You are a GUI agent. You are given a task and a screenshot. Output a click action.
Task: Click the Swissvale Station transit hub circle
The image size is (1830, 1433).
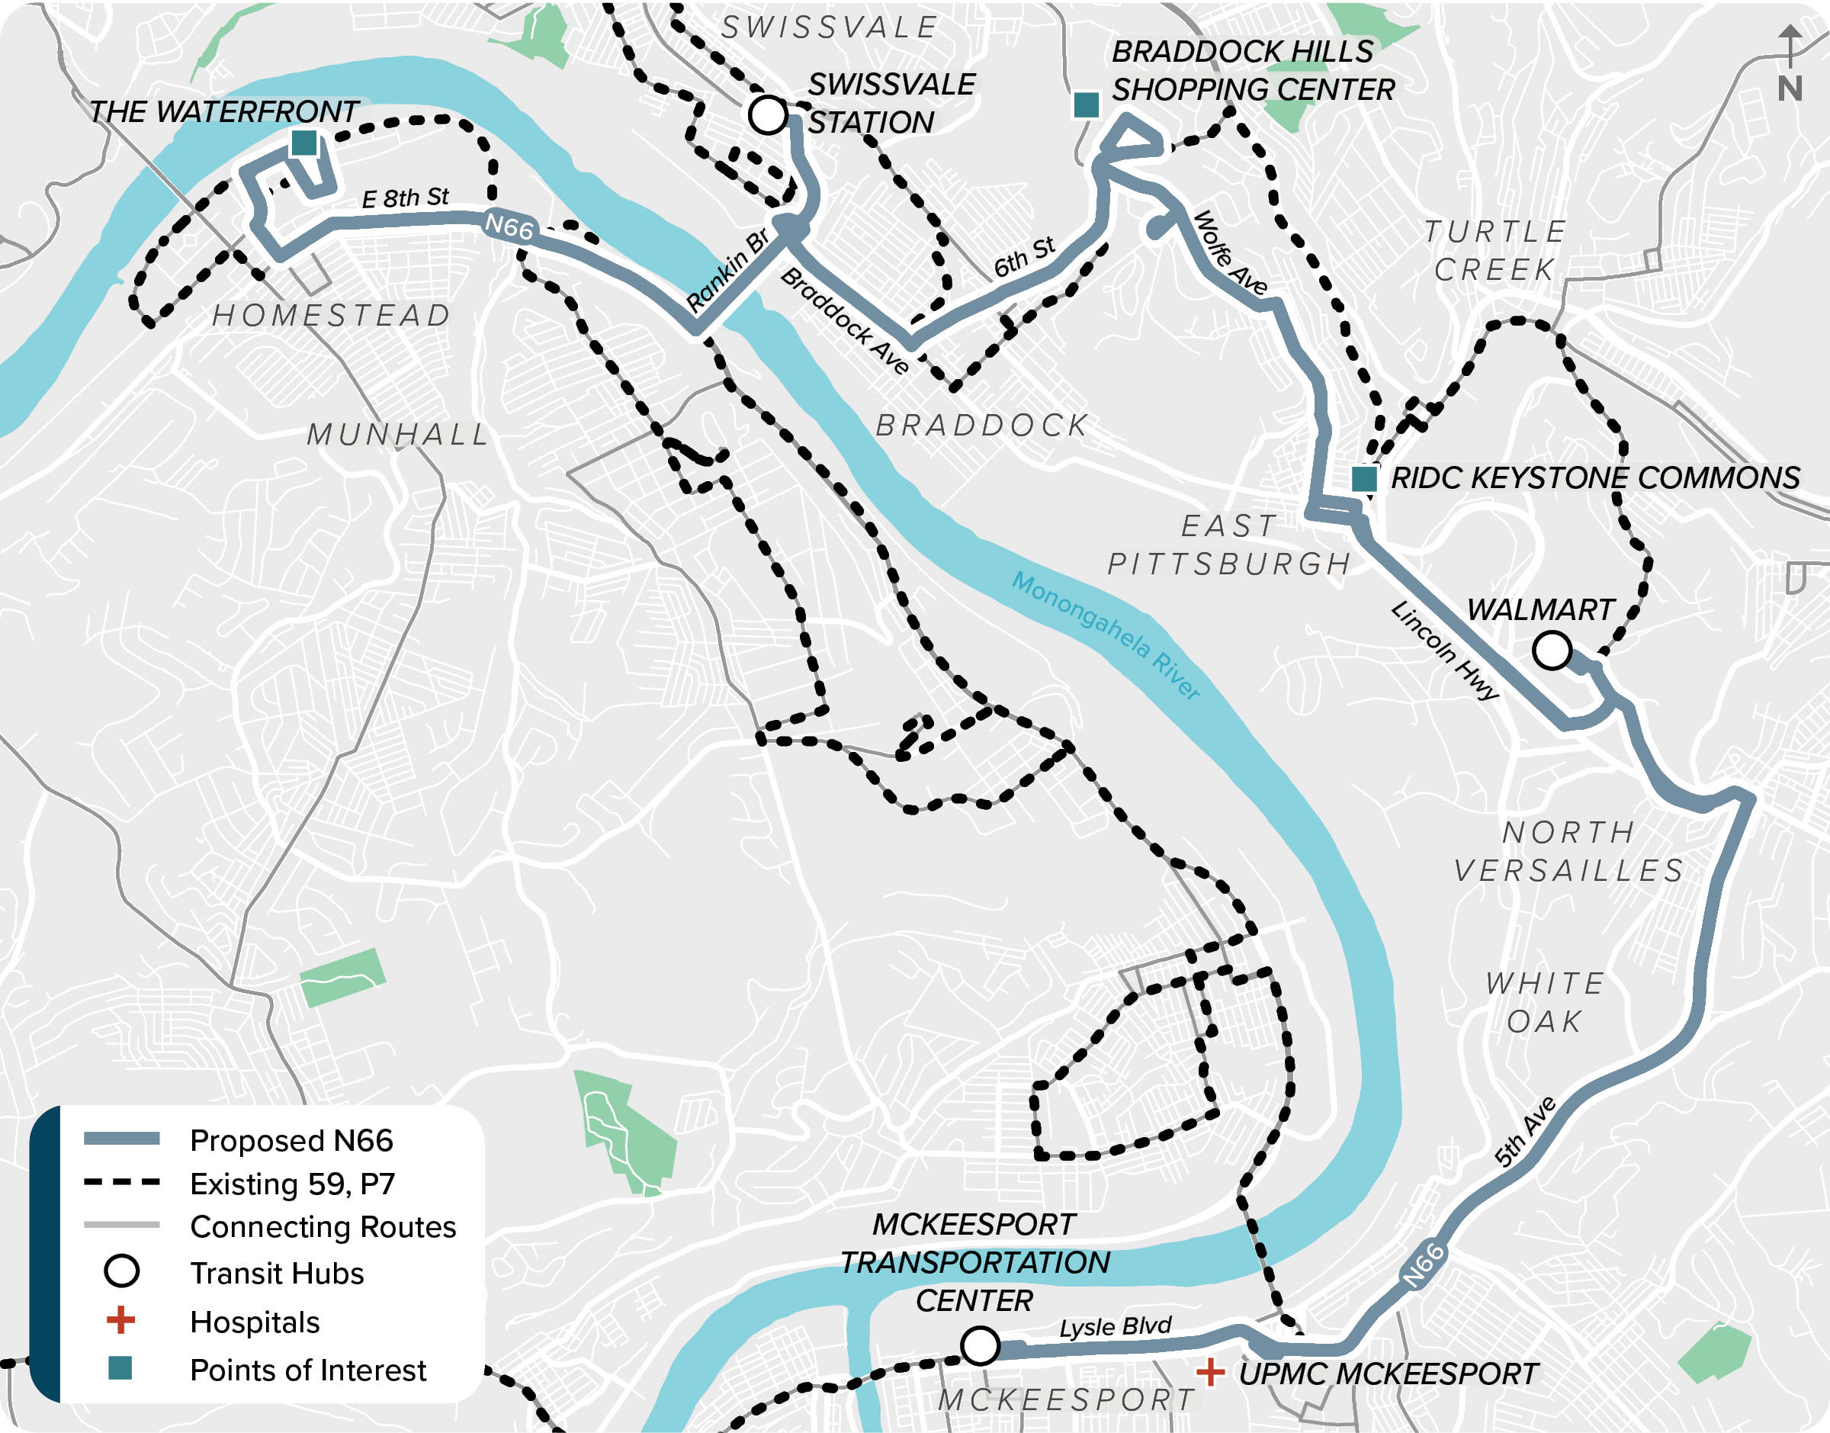click(x=766, y=114)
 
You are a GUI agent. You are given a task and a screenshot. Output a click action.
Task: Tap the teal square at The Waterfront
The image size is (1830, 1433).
click(x=303, y=143)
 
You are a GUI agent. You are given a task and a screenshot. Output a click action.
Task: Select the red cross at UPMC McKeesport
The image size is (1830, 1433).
click(x=1209, y=1373)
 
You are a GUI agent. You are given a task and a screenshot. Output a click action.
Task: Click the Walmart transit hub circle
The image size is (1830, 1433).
click(x=1552, y=651)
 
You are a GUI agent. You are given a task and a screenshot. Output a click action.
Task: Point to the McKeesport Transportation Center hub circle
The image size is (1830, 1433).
click(x=980, y=1346)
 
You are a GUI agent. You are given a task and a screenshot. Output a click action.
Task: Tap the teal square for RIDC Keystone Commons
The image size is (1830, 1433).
click(x=1365, y=479)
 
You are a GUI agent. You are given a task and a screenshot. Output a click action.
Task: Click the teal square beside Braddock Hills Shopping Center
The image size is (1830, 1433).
click(x=1087, y=105)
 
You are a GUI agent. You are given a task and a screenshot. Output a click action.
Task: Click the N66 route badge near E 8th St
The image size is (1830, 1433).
click(x=509, y=227)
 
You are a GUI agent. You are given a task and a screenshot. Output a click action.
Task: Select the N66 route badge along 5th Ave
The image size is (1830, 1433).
click(x=1424, y=1265)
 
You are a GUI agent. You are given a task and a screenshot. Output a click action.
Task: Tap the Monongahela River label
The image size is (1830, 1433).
click(x=1106, y=635)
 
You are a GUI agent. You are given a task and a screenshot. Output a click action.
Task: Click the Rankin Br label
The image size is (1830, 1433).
click(x=727, y=269)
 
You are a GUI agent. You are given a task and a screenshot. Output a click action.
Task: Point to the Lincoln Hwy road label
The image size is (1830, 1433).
click(x=1444, y=651)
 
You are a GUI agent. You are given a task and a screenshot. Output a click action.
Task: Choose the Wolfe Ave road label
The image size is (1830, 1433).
click(x=1231, y=252)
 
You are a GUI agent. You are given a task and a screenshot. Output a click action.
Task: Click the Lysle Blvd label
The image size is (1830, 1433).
click(x=1115, y=1327)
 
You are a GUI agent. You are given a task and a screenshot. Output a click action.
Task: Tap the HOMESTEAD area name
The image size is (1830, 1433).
click(x=331, y=316)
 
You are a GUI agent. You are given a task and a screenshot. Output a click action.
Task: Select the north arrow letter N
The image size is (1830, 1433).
click(x=1790, y=88)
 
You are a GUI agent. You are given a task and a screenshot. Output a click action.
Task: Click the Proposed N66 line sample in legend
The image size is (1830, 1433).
click(x=121, y=1139)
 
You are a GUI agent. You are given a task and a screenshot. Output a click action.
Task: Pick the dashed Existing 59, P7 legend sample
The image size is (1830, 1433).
click(x=121, y=1182)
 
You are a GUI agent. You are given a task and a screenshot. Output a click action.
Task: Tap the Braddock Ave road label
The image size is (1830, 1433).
click(x=845, y=321)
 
